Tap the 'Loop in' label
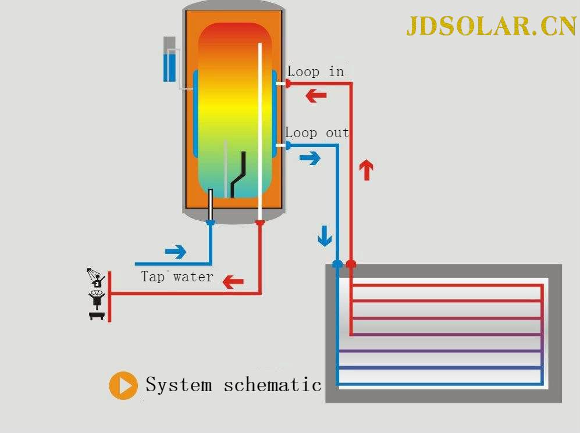pyautogui.click(x=315, y=71)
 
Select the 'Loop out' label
pyautogui.click(x=316, y=133)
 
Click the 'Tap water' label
pyautogui.click(x=177, y=277)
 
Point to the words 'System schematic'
pyautogui.click(x=233, y=385)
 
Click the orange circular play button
pyautogui.click(x=123, y=385)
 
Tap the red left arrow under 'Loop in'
pyautogui.click(x=316, y=95)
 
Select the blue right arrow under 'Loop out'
pyautogui.click(x=309, y=158)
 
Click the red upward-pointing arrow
pyautogui.click(x=366, y=170)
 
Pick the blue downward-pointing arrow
pyautogui.click(x=324, y=235)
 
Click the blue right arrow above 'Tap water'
pyautogui.click(x=175, y=252)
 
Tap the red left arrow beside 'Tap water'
pyautogui.click(x=233, y=282)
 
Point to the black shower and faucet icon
pyautogui.click(x=97, y=295)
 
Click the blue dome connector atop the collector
pyautogui.click(x=337, y=264)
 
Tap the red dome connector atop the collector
pyautogui.click(x=351, y=264)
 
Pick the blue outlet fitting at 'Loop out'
pyautogui.click(x=287, y=145)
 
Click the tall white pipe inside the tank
pyautogui.click(x=260, y=128)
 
